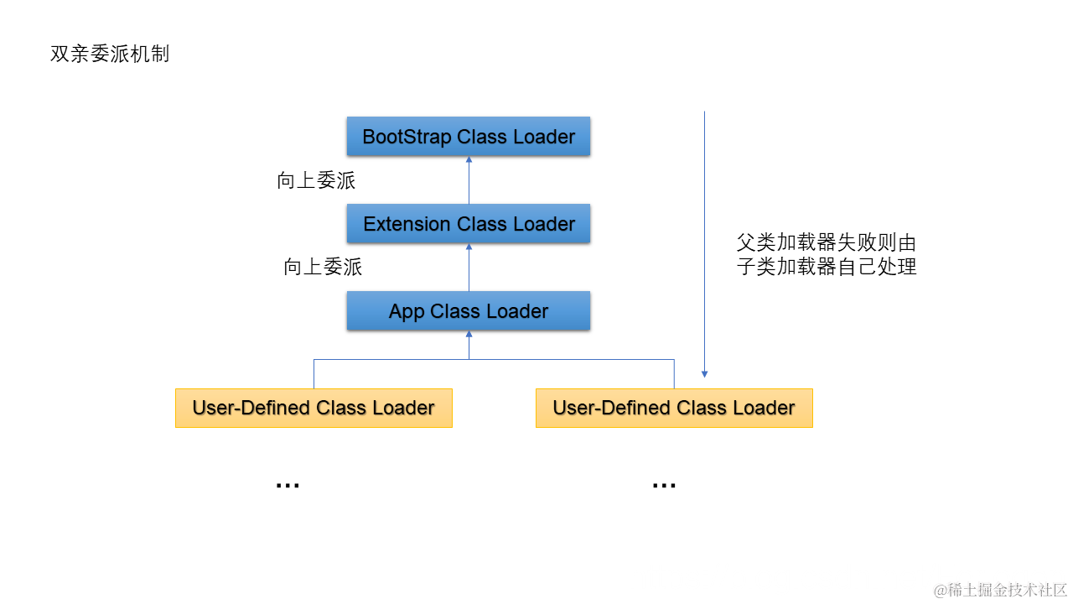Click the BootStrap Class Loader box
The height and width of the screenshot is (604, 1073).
(469, 137)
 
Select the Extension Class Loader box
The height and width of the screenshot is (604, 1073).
(469, 224)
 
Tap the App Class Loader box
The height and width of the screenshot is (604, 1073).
(469, 311)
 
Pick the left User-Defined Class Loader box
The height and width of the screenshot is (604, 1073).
(314, 409)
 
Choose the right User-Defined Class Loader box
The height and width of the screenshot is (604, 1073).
(674, 409)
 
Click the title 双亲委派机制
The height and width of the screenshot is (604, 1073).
(110, 55)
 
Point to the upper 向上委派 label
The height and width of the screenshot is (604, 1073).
(316, 180)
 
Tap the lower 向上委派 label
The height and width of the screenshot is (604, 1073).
(323, 268)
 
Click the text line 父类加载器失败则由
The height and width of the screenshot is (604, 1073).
(826, 244)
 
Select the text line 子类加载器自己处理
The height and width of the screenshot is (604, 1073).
(826, 268)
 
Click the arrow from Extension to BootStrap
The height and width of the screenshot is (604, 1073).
(469, 180)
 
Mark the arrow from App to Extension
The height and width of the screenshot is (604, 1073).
(469, 268)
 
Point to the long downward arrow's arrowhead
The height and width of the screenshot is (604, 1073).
(705, 373)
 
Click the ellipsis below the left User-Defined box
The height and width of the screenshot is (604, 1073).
(288, 485)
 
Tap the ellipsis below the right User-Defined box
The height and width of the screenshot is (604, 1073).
(664, 485)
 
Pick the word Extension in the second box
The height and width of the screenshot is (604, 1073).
(407, 224)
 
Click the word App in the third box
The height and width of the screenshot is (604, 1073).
(407, 311)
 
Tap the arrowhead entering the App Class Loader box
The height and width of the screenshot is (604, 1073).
(469, 335)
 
